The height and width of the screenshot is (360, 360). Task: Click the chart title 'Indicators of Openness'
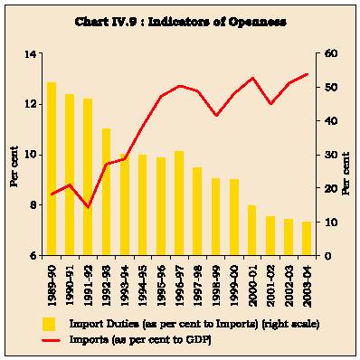217,22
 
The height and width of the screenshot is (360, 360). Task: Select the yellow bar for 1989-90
52,168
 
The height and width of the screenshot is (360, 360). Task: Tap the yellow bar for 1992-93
107,192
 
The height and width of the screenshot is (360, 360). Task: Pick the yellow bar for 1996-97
179,203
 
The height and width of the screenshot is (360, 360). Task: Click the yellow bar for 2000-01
252,230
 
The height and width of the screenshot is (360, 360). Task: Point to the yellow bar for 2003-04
307,238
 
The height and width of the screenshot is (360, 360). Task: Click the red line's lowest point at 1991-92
88,207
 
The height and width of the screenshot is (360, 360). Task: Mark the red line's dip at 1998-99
215,115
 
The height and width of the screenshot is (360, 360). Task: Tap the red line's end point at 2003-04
308,74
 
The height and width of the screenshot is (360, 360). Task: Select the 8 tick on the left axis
33,205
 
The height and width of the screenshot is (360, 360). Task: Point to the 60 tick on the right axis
327,53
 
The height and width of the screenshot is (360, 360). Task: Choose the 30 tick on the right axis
327,155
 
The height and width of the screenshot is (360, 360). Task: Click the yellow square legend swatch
49,324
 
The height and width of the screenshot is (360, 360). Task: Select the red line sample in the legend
52,341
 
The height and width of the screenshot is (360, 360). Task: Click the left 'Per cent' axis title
14,166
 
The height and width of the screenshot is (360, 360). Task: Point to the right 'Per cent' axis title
346,174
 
